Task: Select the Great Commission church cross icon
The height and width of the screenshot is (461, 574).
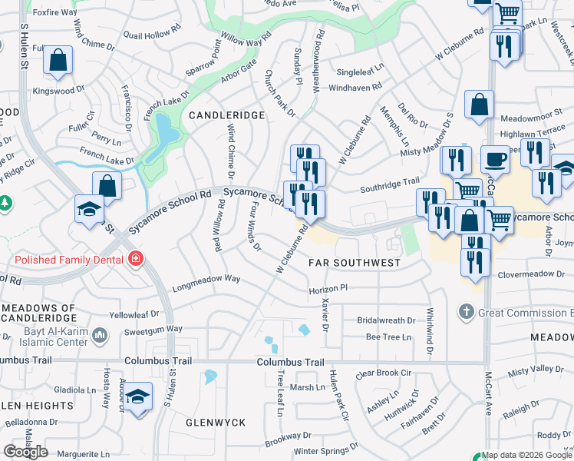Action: point(466,312)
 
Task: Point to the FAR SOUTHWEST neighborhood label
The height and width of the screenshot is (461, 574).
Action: point(355,263)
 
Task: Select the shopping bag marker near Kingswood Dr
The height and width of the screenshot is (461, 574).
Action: point(58,60)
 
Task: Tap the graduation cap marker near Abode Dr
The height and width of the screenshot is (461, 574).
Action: point(138,396)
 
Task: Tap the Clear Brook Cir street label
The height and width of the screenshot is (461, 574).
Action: point(384,373)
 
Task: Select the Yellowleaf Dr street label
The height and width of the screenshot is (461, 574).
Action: point(134,314)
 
